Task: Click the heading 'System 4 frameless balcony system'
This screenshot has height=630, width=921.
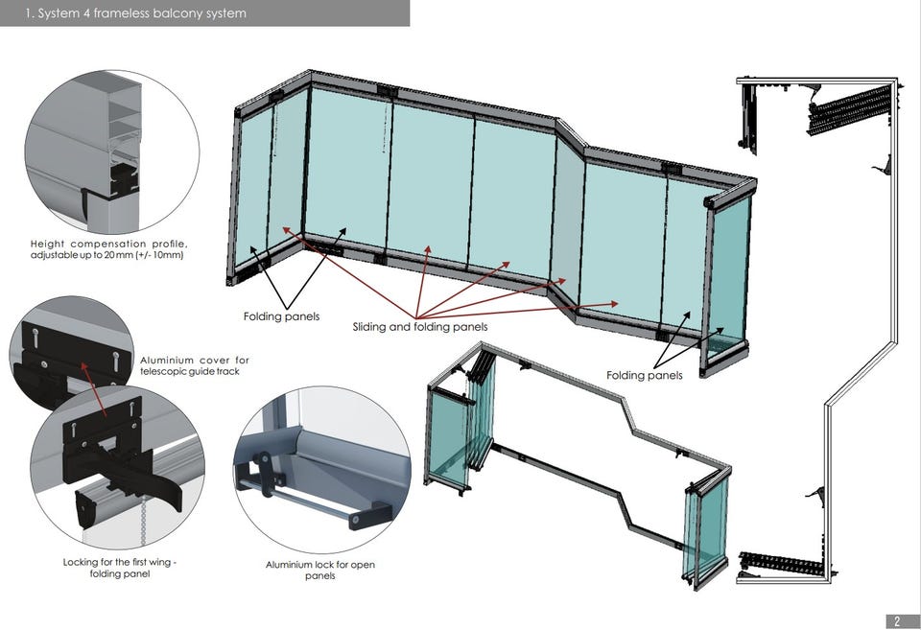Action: pyautogui.click(x=135, y=13)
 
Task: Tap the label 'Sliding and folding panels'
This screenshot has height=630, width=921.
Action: pyautogui.click(x=420, y=327)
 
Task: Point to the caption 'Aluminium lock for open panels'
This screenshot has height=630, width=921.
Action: pyautogui.click(x=319, y=570)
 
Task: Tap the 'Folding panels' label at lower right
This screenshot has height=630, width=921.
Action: pyautogui.click(x=644, y=375)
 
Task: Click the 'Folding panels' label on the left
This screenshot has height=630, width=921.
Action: pyautogui.click(x=281, y=316)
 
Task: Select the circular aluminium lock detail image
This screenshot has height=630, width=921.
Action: pyautogui.click(x=322, y=470)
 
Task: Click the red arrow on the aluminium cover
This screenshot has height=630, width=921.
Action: pyautogui.click(x=95, y=387)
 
